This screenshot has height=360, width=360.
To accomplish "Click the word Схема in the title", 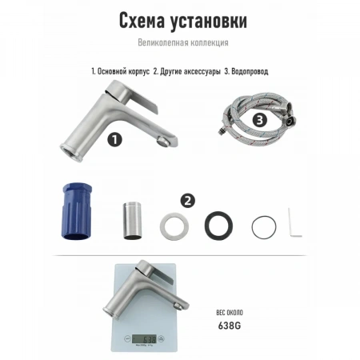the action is click(142, 21).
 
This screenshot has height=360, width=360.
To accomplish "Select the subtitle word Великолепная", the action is click(160, 42).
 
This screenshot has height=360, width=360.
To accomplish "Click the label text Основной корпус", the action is click(123, 71).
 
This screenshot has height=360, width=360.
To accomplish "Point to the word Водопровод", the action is click(250, 71).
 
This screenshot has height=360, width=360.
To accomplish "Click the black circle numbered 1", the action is click(114, 139).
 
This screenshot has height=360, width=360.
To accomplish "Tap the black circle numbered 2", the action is click(188, 201).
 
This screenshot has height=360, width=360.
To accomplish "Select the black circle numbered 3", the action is click(259, 120).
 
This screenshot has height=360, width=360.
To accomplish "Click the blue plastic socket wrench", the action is click(77, 211).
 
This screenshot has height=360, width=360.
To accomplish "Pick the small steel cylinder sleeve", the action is click(132, 221).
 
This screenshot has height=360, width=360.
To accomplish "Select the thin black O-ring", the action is click(253, 227).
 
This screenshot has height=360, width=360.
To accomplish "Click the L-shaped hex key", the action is click(290, 224).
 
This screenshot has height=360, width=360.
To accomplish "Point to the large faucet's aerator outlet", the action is click(162, 141).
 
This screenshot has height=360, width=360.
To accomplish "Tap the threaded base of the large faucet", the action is click(71, 153).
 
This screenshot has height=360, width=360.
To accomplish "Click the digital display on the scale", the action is click(144, 339).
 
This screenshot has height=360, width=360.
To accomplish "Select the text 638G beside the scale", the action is click(230, 326).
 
